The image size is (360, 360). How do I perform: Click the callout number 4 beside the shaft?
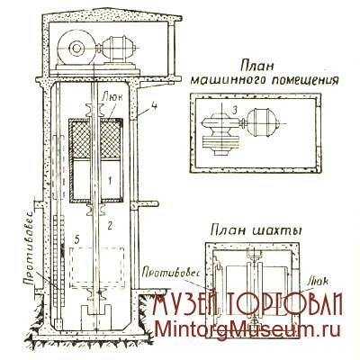(153, 107)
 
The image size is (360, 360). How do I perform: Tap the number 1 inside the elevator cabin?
(110, 180)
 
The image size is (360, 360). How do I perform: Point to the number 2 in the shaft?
(110, 225)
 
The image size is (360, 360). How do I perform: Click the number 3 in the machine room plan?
(235, 110)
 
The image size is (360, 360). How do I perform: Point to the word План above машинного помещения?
(257, 67)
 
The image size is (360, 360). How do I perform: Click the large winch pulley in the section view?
(75, 48)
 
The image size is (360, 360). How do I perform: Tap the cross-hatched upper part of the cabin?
(95, 139)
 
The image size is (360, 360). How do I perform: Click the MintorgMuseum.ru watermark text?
(248, 330)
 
